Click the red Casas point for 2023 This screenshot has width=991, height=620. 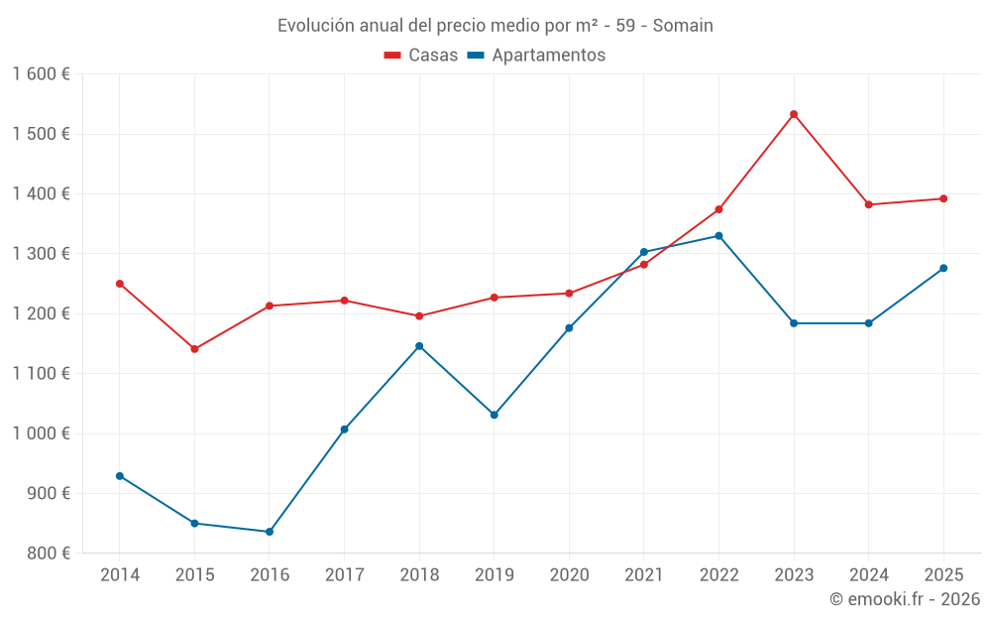[794, 114]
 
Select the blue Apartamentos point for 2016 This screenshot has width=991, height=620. [270, 532]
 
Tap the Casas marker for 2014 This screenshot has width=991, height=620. [120, 284]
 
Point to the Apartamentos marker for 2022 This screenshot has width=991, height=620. [718, 236]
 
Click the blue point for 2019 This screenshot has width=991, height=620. [495, 415]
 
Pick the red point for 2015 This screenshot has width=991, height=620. [194, 349]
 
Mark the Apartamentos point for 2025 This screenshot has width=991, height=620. [943, 268]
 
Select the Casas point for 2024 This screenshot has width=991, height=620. [869, 204]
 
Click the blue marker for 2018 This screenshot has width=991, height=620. [419, 346]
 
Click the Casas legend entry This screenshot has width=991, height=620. [421, 56]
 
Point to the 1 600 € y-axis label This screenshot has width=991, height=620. [41, 74]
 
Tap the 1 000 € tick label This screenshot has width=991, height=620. [41, 434]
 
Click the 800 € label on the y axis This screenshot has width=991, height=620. [47, 554]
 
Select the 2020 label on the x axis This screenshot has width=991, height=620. [569, 575]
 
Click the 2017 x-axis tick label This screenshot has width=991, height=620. [344, 575]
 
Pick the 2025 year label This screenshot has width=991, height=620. [943, 575]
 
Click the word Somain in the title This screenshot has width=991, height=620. [683, 26]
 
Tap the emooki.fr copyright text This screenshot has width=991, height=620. [904, 599]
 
